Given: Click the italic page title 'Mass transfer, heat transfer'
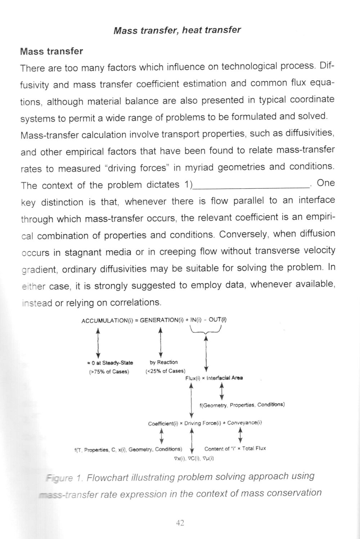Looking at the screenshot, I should coord(177,30).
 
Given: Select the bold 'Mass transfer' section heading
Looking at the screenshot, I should coord(51,51).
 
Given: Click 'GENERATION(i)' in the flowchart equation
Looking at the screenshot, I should coord(161,320).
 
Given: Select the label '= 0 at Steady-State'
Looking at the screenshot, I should coord(111,363).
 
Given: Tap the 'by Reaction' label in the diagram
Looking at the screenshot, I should coord(164,362).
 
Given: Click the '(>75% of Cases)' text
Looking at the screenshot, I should coord(109,372).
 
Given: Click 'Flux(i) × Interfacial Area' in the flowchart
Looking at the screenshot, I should coord(214,378).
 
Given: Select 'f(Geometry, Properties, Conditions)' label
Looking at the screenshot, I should coord(242,405).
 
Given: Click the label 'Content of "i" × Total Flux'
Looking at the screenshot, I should coord(235,449).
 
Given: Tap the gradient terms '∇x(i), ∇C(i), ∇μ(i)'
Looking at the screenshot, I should coord(194,458).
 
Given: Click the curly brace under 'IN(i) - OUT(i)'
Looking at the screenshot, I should coord(206,331).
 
